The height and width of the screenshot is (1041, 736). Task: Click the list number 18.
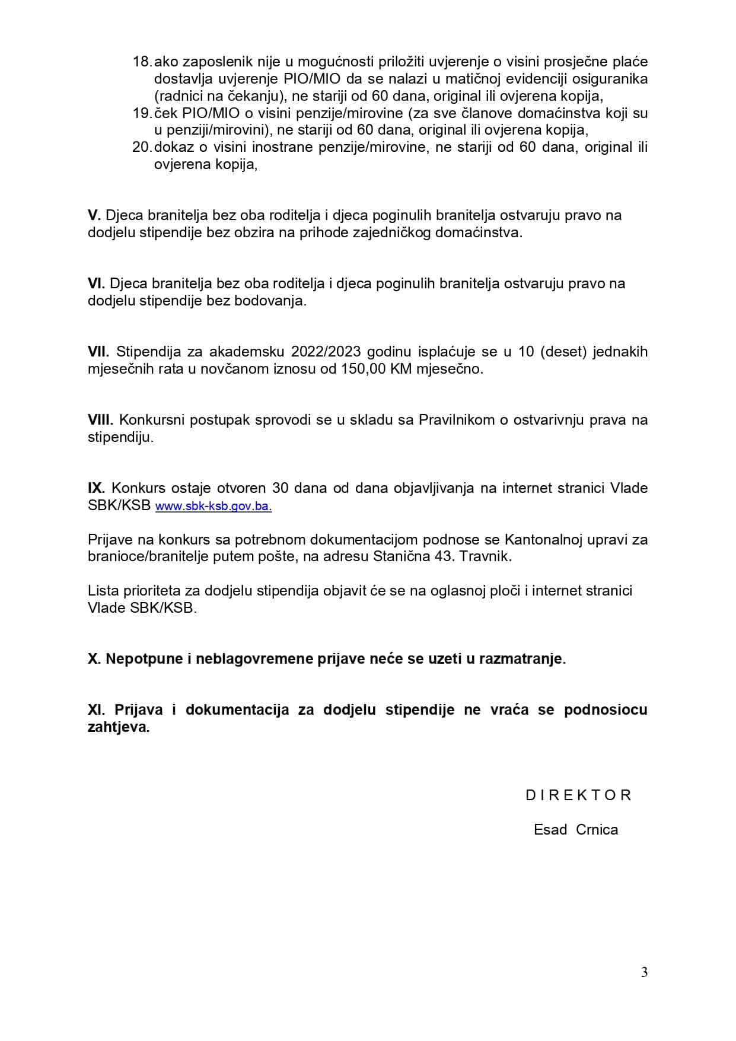point(142,62)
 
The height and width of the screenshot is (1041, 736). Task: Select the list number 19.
point(142,113)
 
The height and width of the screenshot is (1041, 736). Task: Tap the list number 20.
point(142,147)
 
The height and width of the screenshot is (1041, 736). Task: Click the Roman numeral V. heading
point(94,215)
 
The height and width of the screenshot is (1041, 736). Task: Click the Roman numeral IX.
point(96,488)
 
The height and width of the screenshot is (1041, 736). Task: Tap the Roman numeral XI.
point(96,710)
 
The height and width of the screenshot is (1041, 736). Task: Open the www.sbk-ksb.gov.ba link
point(214,507)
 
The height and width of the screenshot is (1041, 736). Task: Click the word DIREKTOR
point(578,795)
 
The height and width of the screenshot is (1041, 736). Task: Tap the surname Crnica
point(597,830)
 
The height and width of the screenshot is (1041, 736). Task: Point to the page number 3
point(644,972)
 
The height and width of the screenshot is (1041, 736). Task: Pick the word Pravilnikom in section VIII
point(457,420)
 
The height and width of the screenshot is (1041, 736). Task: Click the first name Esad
point(550,830)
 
